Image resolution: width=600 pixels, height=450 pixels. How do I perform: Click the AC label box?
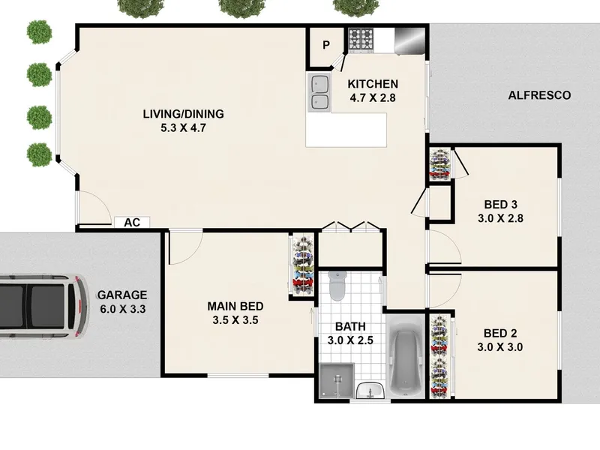click(x=132, y=222)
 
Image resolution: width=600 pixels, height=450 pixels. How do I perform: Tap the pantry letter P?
click(x=326, y=45)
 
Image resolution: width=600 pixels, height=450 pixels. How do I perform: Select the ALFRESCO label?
click(x=539, y=95)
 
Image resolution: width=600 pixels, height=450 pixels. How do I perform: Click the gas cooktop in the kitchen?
click(x=361, y=40)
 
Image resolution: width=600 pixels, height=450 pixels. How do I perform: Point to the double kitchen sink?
click(x=319, y=92)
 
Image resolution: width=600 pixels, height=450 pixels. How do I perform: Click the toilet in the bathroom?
click(x=337, y=286)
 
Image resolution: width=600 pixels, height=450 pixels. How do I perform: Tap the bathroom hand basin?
click(x=370, y=391)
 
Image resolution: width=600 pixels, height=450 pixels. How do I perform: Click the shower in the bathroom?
click(x=337, y=381)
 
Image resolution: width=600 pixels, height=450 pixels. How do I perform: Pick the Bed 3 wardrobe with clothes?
click(x=439, y=164)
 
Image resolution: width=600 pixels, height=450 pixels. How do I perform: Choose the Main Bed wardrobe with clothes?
click(x=303, y=265)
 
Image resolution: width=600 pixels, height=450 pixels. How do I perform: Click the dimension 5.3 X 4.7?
click(x=183, y=127)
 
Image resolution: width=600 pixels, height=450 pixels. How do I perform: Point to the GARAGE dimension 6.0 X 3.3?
click(x=123, y=309)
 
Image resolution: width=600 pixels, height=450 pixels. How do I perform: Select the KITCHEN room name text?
click(x=373, y=84)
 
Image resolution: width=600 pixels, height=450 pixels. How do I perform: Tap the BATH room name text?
click(x=350, y=326)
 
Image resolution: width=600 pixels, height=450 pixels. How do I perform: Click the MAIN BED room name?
click(x=235, y=306)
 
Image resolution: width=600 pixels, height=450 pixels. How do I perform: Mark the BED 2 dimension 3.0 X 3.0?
click(x=500, y=347)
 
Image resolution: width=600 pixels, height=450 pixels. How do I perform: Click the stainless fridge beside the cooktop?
click(x=409, y=40)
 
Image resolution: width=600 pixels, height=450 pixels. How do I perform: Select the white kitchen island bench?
click(x=346, y=130)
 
